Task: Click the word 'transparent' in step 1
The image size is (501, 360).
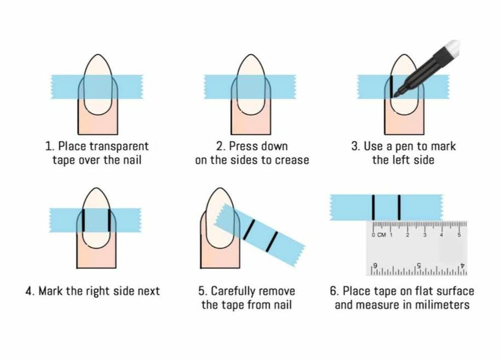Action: pos(119,146)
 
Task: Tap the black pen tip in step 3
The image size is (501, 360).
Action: pos(396,95)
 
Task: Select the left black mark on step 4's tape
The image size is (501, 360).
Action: pos(83,220)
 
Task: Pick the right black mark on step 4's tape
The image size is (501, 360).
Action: pos(110,220)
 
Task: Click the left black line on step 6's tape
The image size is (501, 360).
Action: pos(373,207)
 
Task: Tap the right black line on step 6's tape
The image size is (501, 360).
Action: pos(399,207)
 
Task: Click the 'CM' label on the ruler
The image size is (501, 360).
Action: pos(381,235)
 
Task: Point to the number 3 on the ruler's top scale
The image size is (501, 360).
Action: pos(425,235)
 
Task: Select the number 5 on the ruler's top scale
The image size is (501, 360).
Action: pos(459,235)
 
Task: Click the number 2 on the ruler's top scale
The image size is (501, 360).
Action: pos(407,235)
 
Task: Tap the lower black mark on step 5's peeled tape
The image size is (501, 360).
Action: pos(272,242)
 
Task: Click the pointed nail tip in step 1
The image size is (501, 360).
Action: pos(98,55)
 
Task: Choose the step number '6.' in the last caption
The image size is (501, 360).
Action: pos(334,292)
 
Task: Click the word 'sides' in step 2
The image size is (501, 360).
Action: pos(246,160)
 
